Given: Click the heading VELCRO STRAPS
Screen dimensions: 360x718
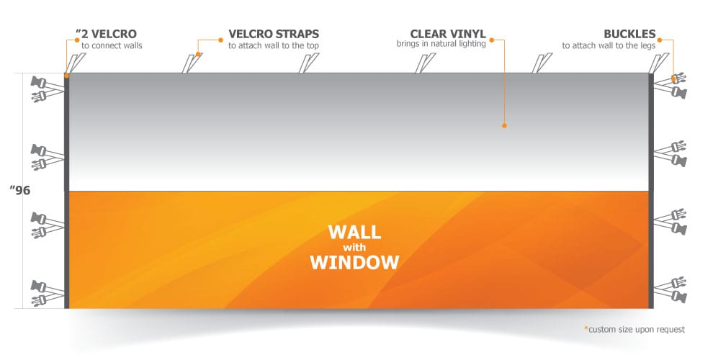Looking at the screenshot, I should [274, 34].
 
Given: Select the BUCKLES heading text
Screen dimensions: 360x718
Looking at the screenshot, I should [630, 34].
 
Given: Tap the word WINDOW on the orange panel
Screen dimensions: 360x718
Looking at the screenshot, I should [354, 261].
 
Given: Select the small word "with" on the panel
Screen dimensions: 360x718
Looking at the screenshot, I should [354, 247].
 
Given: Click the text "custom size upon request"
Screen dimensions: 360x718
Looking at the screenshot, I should [637, 329].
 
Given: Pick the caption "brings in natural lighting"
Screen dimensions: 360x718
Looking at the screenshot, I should [441, 44].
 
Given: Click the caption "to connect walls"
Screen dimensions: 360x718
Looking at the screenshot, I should [112, 45].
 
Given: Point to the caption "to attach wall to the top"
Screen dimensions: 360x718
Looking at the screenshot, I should [274, 45].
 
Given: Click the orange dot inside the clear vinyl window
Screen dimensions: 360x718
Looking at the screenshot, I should [504, 125].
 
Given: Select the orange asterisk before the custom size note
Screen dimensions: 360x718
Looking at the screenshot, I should [585, 328].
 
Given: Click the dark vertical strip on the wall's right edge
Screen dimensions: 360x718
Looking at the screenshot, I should [652, 191].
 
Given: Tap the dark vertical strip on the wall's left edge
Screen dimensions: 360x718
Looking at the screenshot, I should [66, 191].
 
